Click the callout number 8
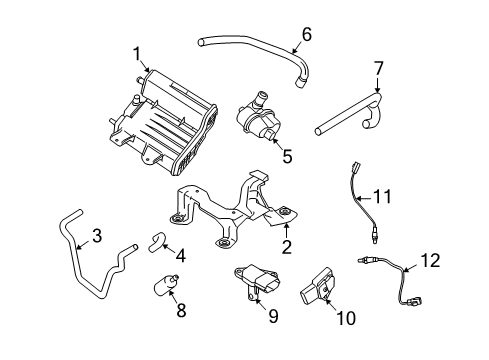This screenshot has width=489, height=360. pos(181,311)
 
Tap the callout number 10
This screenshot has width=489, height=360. pos(350,319)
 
